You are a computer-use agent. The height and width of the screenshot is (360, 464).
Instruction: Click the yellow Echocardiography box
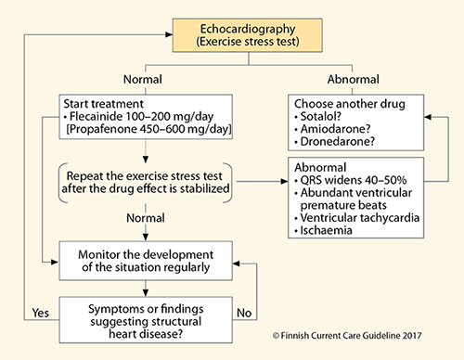248,35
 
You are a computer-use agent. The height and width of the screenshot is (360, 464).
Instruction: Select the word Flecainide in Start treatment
96,117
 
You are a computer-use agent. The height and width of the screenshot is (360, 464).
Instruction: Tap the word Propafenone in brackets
102,129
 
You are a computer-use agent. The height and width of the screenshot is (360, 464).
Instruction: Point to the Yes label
41,313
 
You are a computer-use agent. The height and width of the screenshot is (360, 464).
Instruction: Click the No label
244,313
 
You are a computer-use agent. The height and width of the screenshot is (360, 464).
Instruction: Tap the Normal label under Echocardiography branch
143,80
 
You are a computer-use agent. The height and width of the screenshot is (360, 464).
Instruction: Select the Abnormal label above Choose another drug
354,80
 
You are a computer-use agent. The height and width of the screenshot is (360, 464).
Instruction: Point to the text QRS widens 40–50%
354,180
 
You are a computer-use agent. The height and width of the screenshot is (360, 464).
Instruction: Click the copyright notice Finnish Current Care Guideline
347,336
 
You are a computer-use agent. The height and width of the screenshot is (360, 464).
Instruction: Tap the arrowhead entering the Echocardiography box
169,34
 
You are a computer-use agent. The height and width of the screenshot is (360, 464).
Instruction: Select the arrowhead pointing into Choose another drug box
428,117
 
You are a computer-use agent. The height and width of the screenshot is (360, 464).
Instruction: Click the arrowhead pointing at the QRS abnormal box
284,181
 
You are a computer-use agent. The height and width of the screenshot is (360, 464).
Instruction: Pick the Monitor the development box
146,261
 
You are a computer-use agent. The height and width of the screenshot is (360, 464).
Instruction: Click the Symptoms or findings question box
146,320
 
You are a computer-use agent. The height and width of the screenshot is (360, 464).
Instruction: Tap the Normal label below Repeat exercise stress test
146,218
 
